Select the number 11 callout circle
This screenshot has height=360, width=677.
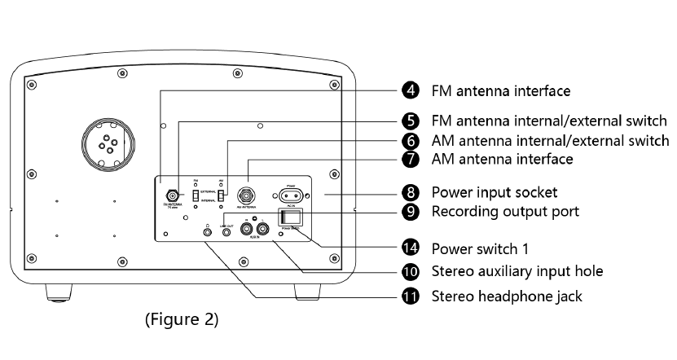[x=412, y=296]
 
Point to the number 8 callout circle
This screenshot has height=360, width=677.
[x=412, y=193]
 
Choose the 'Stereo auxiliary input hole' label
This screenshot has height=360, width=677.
[x=517, y=270]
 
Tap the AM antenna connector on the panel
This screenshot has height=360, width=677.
[x=244, y=195]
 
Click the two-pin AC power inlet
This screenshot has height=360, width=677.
[x=292, y=195]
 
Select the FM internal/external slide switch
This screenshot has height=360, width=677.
[x=196, y=196]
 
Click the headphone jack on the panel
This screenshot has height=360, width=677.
[x=209, y=231]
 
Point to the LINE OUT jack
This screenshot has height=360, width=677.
[x=226, y=231]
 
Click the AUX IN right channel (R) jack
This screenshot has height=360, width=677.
[x=262, y=230]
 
